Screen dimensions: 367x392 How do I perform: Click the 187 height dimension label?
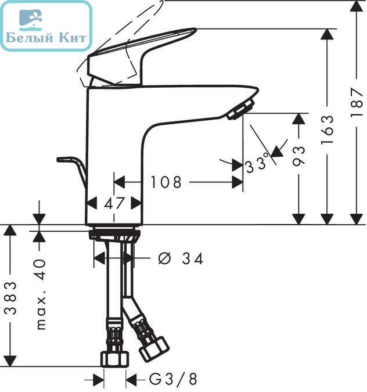pos(357,102)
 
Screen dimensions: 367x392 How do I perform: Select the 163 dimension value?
pos(328,130)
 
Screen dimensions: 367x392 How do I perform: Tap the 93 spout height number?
pos(298,156)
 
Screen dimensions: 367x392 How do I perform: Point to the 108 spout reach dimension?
pos(165,182)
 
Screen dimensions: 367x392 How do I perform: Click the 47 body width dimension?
pos(114,203)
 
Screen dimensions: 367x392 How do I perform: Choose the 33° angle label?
pos(257,164)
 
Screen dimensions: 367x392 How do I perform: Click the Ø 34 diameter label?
pos(181,258)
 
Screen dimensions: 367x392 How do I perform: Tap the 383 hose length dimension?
pos(11,298)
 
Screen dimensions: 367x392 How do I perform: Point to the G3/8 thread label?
pos(173,379)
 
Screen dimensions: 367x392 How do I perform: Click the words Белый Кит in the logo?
pos(46,38)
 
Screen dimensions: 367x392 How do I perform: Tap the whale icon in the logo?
pos(31,20)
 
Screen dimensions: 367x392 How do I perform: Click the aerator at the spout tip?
pos(240,109)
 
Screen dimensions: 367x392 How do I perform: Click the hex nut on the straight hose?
pos(114,359)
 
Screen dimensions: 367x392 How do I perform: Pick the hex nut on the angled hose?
pos(154,349)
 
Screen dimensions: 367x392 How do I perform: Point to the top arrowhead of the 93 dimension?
pos(298,118)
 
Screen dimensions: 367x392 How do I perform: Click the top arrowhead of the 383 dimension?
pos(10,230)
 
